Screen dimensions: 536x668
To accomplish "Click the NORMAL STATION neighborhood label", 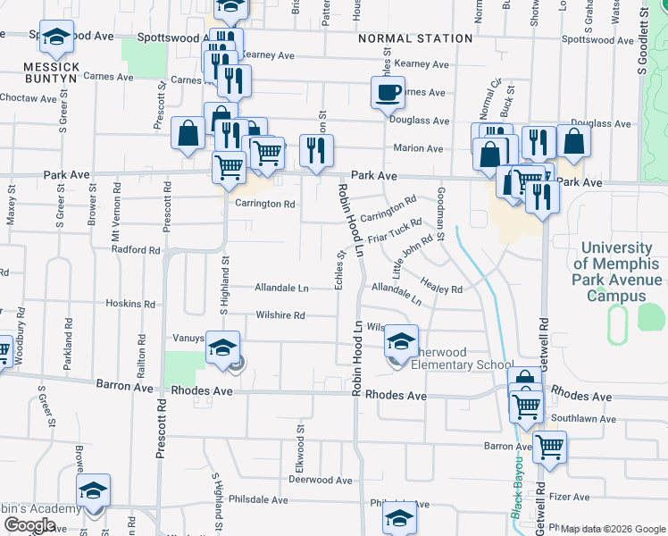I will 414,38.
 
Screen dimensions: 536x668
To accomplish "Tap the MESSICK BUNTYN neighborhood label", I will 52,73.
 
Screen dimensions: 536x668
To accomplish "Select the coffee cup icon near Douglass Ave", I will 388,92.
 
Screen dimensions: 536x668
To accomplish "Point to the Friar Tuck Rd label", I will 394,231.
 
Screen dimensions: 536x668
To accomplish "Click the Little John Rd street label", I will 413,254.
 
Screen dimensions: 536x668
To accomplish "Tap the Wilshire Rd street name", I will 280,315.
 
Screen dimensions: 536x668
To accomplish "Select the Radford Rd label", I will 136,250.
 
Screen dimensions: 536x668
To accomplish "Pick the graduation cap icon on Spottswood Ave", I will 57,38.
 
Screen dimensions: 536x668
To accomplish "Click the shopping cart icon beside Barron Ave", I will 549,446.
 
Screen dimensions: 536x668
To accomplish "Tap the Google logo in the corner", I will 29,524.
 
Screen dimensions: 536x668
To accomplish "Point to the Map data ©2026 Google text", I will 612,529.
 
